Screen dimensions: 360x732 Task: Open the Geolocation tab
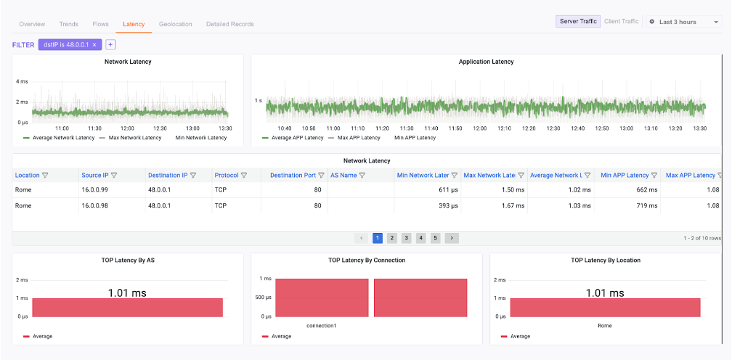pos(175,24)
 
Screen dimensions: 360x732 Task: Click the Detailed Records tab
pos(229,24)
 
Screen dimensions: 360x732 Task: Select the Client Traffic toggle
pos(621,22)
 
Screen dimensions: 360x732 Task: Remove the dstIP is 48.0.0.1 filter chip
pos(94,45)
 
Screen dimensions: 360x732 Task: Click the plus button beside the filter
pos(110,45)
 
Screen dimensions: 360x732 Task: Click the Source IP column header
pos(94,175)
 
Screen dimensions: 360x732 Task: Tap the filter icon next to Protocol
pos(244,175)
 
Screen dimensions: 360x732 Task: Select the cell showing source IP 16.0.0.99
pos(96,189)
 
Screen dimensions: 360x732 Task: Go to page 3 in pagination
pos(406,238)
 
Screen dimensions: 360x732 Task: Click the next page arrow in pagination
pos(452,238)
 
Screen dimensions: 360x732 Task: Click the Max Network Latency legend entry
pos(130,137)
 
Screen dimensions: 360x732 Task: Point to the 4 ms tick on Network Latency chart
pos(22,81)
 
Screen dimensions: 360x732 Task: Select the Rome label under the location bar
pos(604,326)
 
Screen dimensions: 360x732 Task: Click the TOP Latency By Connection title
pos(366,260)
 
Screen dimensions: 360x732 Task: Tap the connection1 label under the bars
pos(321,326)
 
